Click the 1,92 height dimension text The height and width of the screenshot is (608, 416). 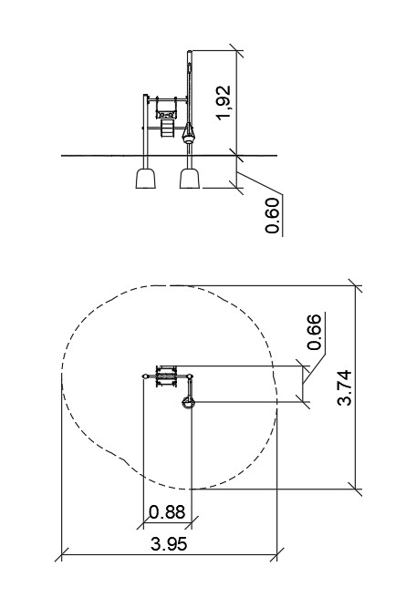pos(224,103)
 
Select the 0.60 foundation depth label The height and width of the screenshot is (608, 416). pos(273,216)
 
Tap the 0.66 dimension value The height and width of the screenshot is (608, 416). pos(314,332)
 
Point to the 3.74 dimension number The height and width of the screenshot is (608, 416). pos(344,388)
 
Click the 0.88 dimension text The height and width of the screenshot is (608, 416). pos(167,512)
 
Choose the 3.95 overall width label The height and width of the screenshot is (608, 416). pos(169,544)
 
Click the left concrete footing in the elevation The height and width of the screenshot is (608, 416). pos(146,179)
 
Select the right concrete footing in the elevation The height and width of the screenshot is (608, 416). pos(190,179)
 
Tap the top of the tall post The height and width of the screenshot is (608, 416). pos(190,52)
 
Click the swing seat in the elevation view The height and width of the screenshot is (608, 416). pos(166,114)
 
